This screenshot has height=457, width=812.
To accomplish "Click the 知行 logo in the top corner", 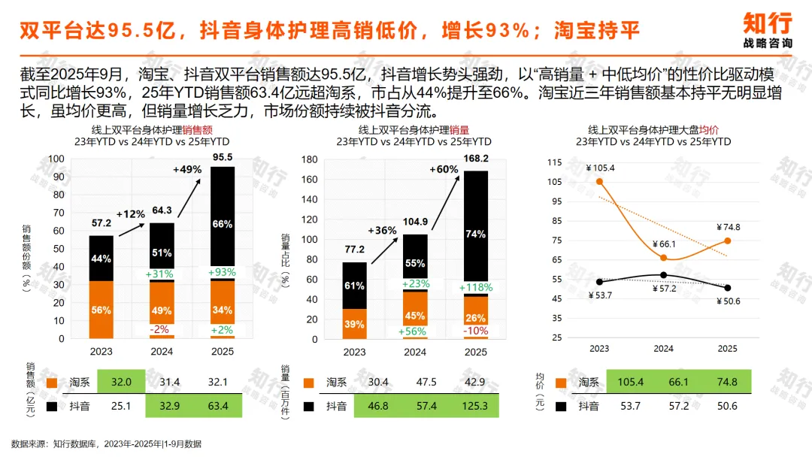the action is (x=768, y=30).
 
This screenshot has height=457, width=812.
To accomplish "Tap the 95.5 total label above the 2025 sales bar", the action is (x=222, y=157).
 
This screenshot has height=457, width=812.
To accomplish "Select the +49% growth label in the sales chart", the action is (x=187, y=169).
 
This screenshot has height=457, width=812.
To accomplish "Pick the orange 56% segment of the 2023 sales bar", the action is (x=101, y=310).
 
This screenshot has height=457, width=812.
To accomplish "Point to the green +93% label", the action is (x=222, y=272).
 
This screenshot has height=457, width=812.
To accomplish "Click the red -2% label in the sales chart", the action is (x=159, y=329).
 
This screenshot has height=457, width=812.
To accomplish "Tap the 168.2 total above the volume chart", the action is (x=475, y=159).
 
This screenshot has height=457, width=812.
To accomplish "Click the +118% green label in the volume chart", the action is (x=476, y=287).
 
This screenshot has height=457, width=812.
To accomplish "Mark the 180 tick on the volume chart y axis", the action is (x=309, y=159).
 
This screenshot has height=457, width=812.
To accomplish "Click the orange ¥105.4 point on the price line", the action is (x=599, y=182).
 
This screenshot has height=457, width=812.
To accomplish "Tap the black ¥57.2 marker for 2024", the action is (x=663, y=275).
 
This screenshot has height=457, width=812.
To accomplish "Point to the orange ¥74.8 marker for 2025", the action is (x=727, y=241).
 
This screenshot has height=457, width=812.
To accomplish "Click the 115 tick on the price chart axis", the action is (x=554, y=162).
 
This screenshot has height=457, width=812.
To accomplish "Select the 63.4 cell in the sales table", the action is (x=218, y=406).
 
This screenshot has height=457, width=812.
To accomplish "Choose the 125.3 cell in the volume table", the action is (x=475, y=406).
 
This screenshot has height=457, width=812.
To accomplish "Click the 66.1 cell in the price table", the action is (x=678, y=382).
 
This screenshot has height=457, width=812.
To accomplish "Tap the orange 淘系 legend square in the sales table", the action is (x=52, y=383).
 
